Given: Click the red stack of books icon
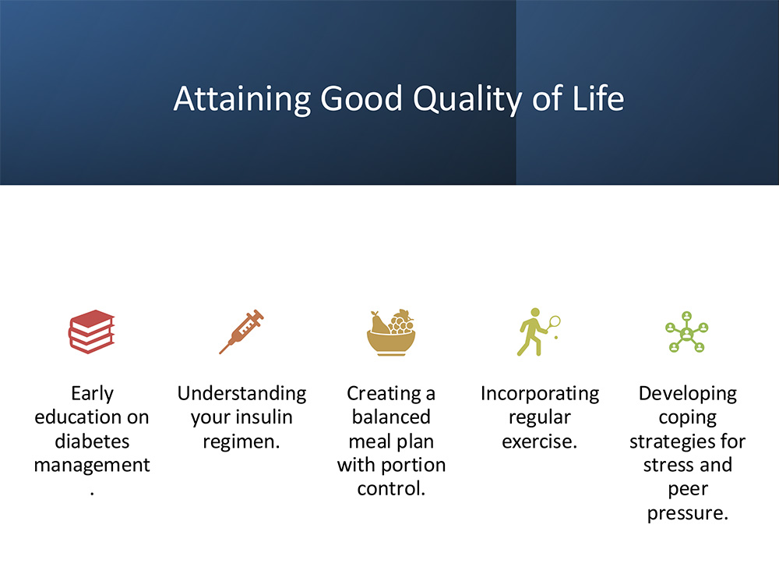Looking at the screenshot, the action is click(92, 331).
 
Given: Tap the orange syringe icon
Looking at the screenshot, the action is click(241, 331).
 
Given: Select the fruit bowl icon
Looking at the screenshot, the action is click(391, 332).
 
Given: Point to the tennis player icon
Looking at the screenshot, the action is click(538, 331).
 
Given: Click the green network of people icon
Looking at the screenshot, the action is click(687, 331).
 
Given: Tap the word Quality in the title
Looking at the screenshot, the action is click(467, 99).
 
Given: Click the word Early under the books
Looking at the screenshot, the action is click(93, 394).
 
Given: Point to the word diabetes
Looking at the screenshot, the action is click(92, 441).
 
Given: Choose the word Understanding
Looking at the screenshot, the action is click(242, 394).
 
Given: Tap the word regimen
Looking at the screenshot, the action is click(241, 441).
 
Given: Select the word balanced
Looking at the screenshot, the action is click(391, 417).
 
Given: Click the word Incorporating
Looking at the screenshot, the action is click(540, 394).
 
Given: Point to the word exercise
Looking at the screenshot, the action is click(540, 441).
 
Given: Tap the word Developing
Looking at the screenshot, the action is click(688, 394).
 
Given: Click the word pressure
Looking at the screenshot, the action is click(688, 513).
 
